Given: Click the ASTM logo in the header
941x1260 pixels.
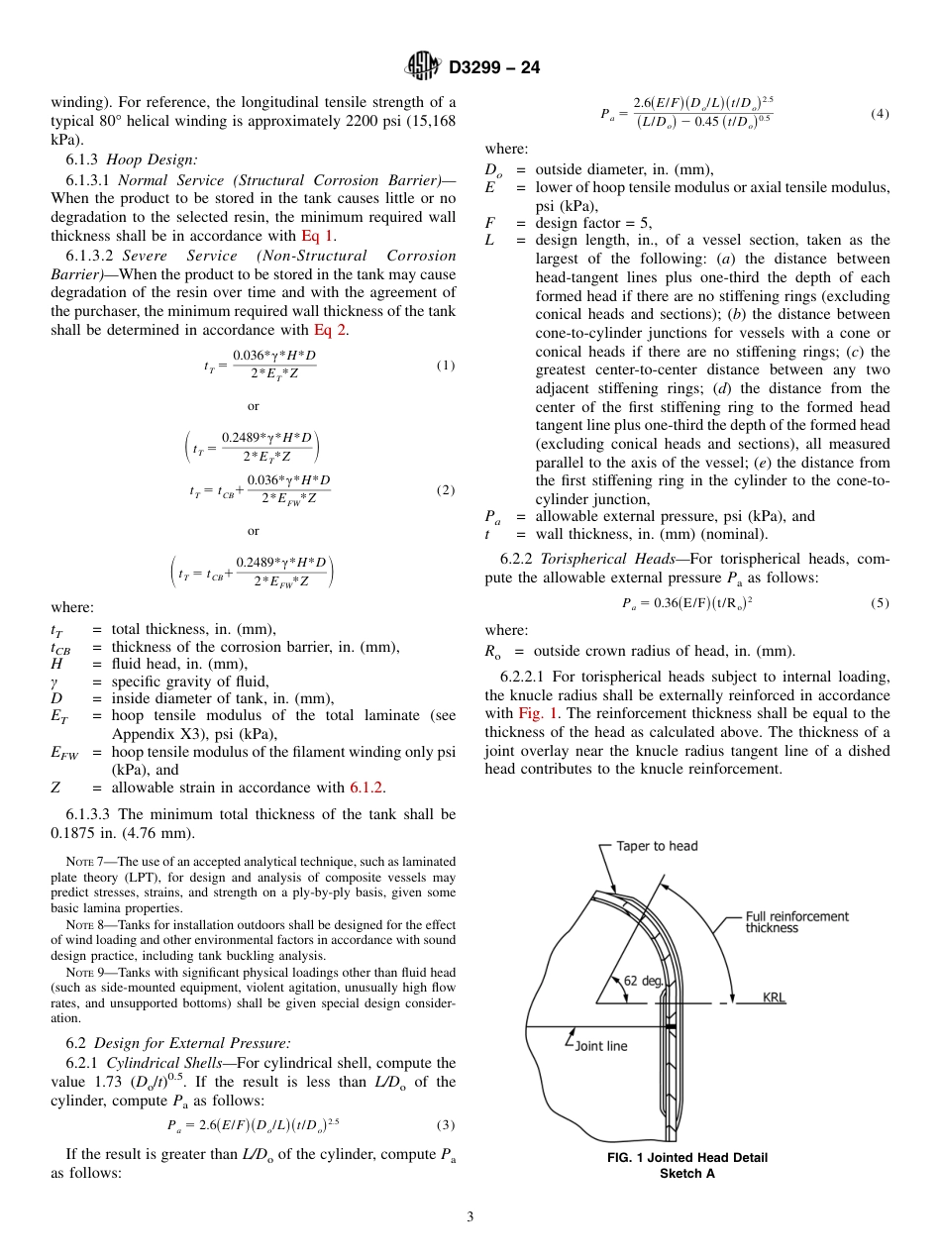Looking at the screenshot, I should coord(423,67).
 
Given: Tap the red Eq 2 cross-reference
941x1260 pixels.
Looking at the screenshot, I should coord(330,330).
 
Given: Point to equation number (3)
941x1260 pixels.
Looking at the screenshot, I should coord(445,1124).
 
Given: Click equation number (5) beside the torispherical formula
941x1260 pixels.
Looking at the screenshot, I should coord(879,602).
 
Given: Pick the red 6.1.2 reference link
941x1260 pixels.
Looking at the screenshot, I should coord(366,787).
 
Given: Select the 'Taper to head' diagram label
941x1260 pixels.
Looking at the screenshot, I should coord(657,846).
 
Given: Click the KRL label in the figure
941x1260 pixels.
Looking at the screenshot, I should coord(774,998).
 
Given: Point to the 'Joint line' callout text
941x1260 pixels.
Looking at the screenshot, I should coord(598,1045).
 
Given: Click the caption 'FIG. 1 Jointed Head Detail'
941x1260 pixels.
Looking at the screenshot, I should coord(687,1158).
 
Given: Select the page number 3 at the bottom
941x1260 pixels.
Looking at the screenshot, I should coord(470,1216).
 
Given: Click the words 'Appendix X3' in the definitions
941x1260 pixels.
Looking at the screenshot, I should coord(151,734).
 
